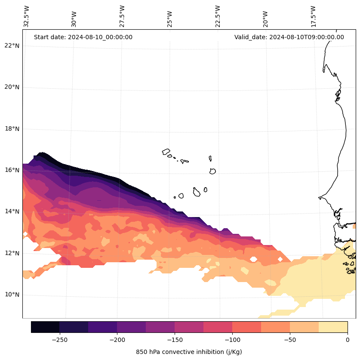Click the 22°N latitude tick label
coord(12,46)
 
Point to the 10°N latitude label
coord(12,295)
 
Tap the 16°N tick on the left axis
coord(12,170)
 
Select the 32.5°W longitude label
coord(27,16)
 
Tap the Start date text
coord(83,37)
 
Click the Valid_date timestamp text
coord(289,37)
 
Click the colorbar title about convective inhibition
coord(189,352)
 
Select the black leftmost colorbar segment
coord(45,327)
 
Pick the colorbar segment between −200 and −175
coord(131,327)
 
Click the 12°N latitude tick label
coord(12,253)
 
